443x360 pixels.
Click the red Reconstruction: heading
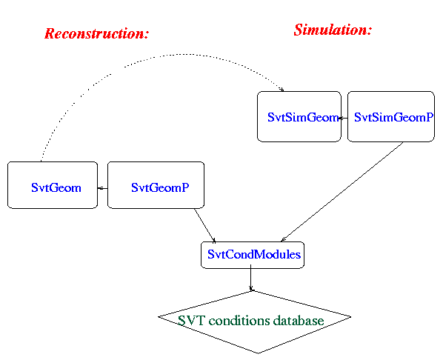tap(96, 33)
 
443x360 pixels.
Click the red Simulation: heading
tap(333, 30)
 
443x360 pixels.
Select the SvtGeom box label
tap(56, 187)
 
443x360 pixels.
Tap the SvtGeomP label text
tap(160, 187)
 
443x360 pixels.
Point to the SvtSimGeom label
tap(303, 117)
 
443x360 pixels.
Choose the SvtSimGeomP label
tap(393, 117)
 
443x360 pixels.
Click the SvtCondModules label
tap(254, 254)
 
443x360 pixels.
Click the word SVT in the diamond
tap(190, 321)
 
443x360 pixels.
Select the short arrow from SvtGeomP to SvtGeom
tap(102, 188)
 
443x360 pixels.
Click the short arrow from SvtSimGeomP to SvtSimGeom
tap(343, 118)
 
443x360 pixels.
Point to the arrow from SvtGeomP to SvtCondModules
tap(204, 225)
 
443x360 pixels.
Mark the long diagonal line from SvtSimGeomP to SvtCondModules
tap(342, 192)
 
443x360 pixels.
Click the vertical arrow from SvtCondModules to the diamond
tap(250, 278)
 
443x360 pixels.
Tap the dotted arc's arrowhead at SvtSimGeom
tap(282, 90)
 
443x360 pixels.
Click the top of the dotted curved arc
tap(184, 54)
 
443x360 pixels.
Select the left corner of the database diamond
tap(159, 317)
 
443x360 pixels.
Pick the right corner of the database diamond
tap(351, 317)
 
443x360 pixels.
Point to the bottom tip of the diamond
tap(258, 353)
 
